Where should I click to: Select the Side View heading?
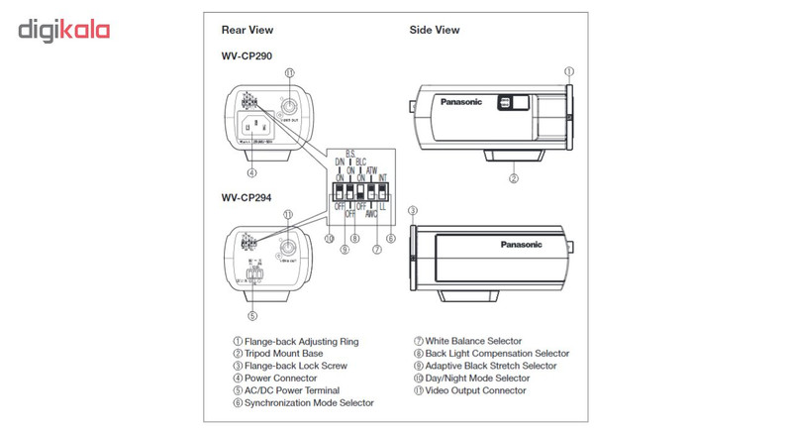434,30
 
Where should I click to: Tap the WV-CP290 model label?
247,55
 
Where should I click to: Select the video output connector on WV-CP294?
287,247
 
